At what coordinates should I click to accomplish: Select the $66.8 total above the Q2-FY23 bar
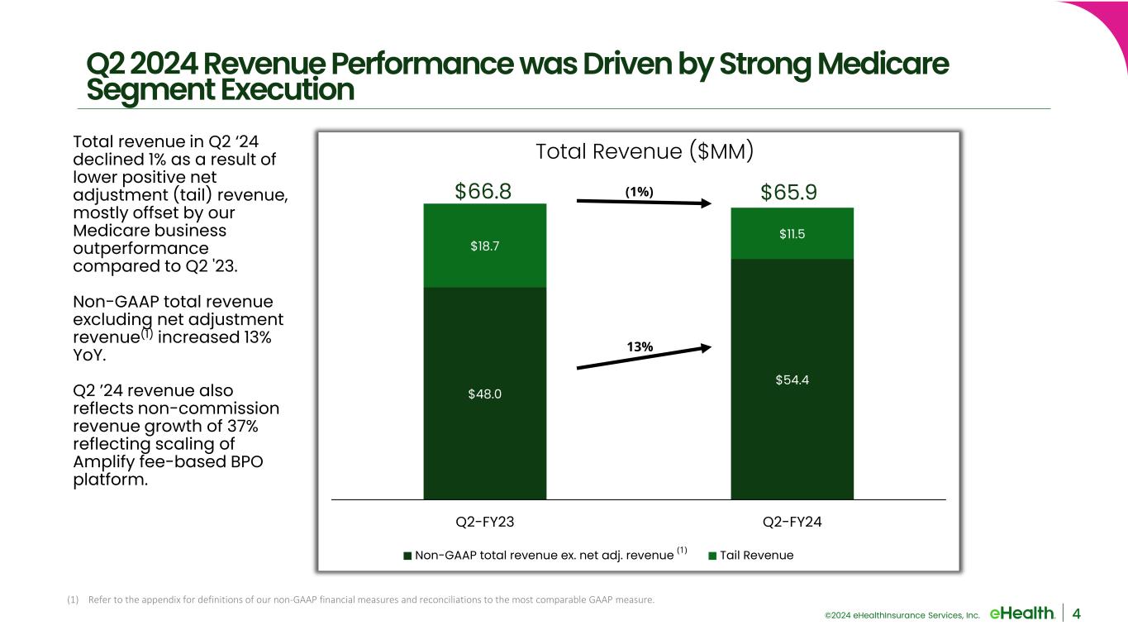[483, 192]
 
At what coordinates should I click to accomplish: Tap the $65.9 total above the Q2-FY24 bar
[788, 192]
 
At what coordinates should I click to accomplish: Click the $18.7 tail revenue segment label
[485, 246]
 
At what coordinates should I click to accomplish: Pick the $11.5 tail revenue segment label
[792, 234]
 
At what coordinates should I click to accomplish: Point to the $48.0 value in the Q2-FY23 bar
[485, 394]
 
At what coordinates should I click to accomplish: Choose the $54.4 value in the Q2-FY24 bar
[792, 380]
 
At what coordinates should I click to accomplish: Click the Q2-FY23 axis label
[485, 522]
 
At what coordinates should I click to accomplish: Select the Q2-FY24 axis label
[792, 522]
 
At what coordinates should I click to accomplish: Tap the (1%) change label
[639, 191]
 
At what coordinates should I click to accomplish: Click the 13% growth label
[640, 347]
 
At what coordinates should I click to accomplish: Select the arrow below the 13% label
[644, 358]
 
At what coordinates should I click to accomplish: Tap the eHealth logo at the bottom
[1021, 613]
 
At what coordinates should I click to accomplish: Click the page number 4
[1077, 613]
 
